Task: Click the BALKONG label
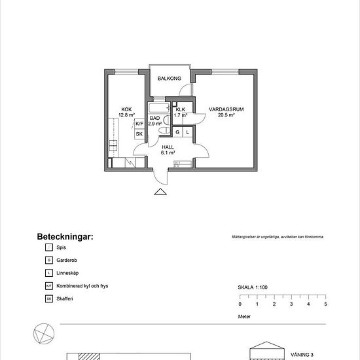pyautogui.click(x=170, y=78)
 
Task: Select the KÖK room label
pyautogui.click(x=126, y=112)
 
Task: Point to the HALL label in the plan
pyautogui.click(x=168, y=150)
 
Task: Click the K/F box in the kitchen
pyautogui.click(x=139, y=123)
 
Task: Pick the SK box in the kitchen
pyautogui.click(x=139, y=134)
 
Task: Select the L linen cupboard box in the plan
pyautogui.click(x=188, y=132)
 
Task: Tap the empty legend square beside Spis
pyautogui.click(x=48, y=247)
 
